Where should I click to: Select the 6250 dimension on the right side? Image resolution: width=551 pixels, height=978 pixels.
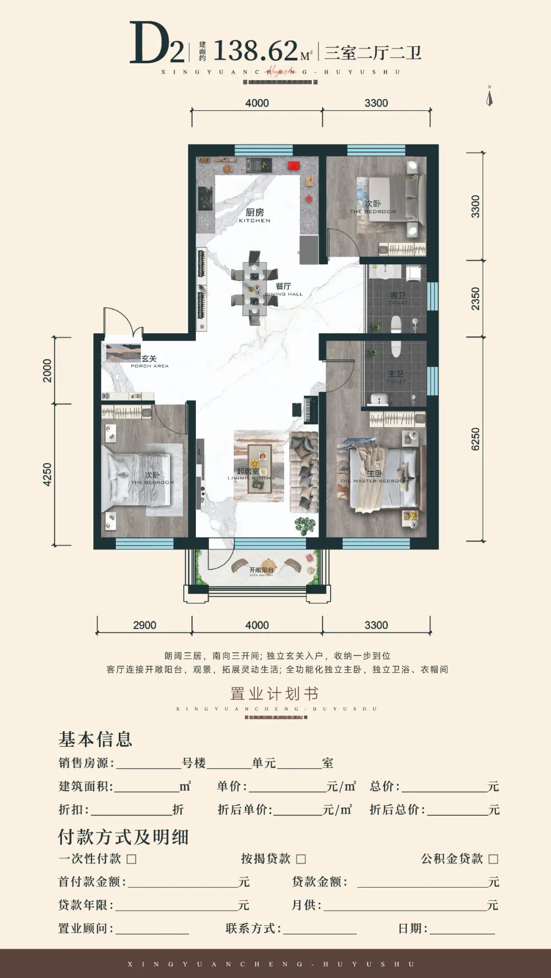point(475,439)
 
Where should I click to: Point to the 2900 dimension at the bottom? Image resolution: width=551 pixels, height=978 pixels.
point(144,625)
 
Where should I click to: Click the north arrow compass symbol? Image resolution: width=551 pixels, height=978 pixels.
point(489,96)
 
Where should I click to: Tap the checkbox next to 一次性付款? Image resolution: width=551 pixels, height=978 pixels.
point(132,859)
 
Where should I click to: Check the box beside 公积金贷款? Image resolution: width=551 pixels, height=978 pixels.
point(493,859)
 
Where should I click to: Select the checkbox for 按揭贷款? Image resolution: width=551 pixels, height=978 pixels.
point(301,859)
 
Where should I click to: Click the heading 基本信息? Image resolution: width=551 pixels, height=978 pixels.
point(95,739)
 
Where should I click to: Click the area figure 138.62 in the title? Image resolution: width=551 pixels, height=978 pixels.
point(255,51)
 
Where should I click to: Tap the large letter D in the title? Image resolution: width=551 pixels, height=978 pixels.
point(148,43)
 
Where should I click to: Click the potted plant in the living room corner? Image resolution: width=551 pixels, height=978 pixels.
point(305,525)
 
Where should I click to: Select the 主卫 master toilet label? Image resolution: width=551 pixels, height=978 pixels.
point(395,377)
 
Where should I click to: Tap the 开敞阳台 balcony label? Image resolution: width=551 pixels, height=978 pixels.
point(261,571)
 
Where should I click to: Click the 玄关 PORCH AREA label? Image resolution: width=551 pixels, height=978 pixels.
point(149,361)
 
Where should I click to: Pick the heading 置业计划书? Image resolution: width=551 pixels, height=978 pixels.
point(274,694)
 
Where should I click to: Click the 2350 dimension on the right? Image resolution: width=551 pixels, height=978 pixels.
point(475,299)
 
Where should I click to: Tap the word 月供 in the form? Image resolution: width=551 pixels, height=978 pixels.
point(306,905)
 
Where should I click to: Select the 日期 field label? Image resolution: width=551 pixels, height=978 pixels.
point(412,928)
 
